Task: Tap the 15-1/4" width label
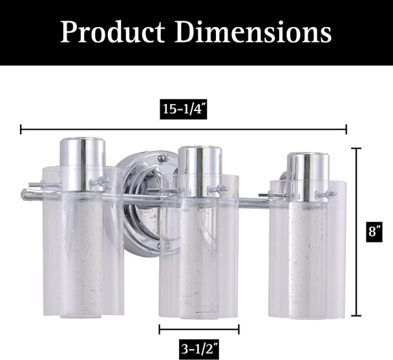[x=183, y=110]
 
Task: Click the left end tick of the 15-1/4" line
[x=21, y=129]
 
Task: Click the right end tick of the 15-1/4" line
[x=346, y=129]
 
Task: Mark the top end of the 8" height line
[x=356, y=149]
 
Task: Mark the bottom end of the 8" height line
[x=356, y=315]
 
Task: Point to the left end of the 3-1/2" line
[x=160, y=329]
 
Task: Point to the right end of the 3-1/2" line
[x=239, y=329]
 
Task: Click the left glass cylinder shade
[x=82, y=259]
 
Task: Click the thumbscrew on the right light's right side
[x=330, y=194]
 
